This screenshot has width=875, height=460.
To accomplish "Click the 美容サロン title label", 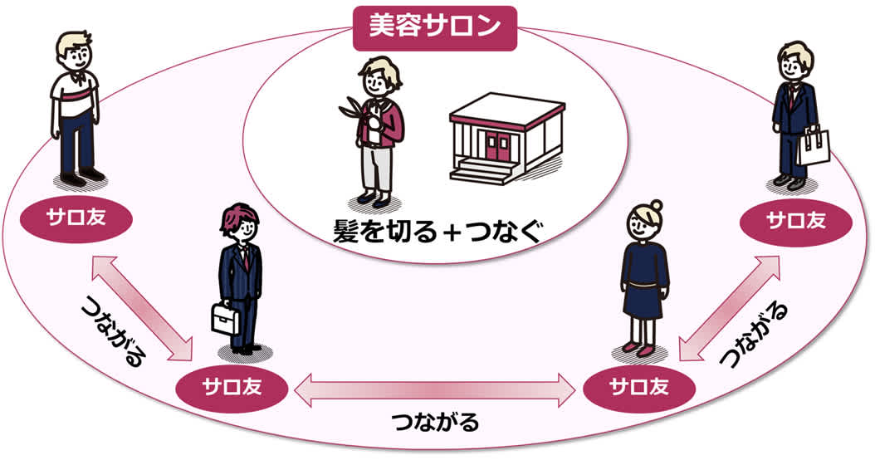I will click(435, 26).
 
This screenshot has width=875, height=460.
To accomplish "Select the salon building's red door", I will click(497, 146).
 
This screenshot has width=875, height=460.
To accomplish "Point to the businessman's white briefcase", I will click(224, 318).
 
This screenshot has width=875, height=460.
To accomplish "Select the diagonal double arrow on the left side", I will click(143, 308).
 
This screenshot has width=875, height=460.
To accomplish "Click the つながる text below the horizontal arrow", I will click(435, 423).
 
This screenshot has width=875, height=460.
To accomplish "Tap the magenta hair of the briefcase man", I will click(237, 218).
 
